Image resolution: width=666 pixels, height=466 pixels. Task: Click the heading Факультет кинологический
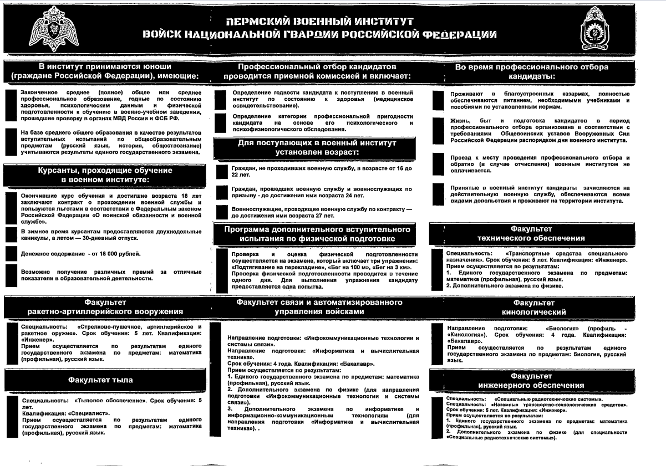tap(533, 308)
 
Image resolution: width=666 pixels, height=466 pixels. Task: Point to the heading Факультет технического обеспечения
tap(531, 233)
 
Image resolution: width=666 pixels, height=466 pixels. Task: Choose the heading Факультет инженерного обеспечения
tap(532, 380)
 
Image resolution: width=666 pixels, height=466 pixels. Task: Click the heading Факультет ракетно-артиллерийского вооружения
tap(105, 307)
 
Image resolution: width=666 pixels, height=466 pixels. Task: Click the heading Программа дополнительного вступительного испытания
tap(317, 233)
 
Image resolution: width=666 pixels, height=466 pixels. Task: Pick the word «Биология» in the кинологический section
tap(565, 328)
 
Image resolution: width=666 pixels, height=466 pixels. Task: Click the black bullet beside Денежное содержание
tap(11, 254)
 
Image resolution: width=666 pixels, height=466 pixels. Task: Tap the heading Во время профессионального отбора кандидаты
tap(531, 71)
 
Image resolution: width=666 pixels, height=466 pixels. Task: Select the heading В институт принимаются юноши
tap(105, 71)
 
